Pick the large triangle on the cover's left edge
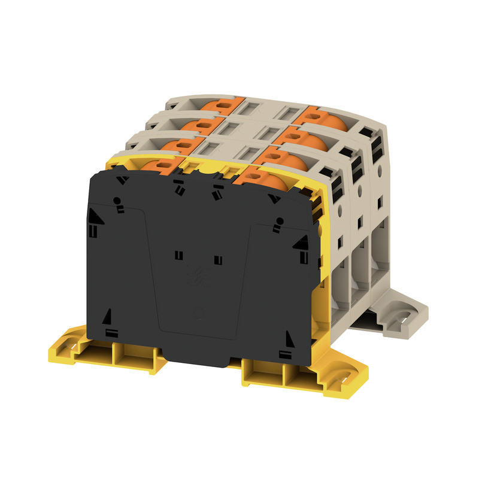[95, 216]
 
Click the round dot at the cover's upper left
[118, 201]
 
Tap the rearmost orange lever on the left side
[222, 105]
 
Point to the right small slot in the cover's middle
[217, 260]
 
